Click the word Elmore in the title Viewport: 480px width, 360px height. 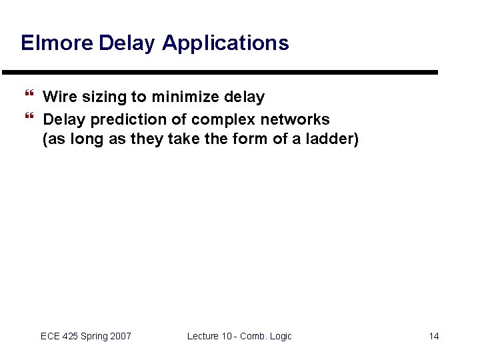pyautogui.click(x=57, y=43)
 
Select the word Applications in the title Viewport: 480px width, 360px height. pyautogui.click(x=225, y=43)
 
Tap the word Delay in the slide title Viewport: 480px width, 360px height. pyautogui.click(x=127, y=43)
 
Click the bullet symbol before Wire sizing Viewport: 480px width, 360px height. pyautogui.click(x=27, y=97)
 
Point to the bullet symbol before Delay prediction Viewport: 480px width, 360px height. pyautogui.click(x=27, y=119)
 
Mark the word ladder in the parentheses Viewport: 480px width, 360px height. pyautogui.click(x=333, y=140)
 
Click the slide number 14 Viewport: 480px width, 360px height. pyautogui.click(x=433, y=336)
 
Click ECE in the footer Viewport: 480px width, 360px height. pyautogui.click(x=51, y=336)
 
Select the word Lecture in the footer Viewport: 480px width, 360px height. pyautogui.click(x=203, y=336)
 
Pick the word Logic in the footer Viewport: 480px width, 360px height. pyautogui.click(x=279, y=336)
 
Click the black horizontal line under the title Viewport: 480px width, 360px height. pyautogui.click(x=220, y=72)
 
